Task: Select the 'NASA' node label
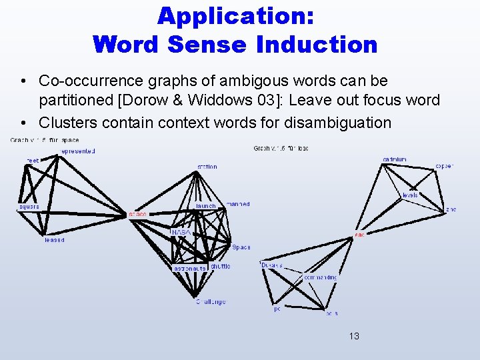pos(181,232)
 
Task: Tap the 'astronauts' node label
pos(189,269)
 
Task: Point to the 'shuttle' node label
pos(221,266)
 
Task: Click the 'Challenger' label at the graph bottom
pos(211,301)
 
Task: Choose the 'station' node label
pos(207,167)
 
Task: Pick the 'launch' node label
pos(205,206)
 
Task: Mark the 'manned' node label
pos(238,204)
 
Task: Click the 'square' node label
pos(29,207)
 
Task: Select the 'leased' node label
pos(55,240)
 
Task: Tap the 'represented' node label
pos(78,151)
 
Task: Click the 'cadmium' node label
pos(395,159)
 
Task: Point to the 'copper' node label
pos(444,166)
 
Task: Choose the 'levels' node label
pos(410,195)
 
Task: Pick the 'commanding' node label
pos(320,276)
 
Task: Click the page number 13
pos(353,336)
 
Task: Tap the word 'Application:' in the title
pos(236,15)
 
